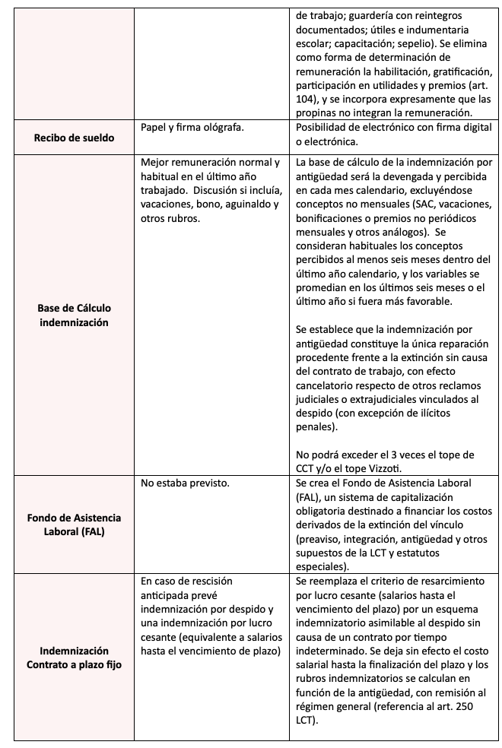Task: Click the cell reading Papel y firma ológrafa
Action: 192,127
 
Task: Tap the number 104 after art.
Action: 306,100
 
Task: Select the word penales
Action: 313,427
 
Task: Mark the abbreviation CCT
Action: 306,468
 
